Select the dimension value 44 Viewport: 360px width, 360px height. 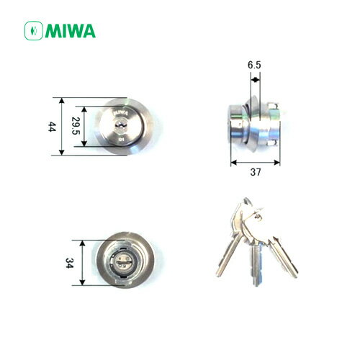click(51, 126)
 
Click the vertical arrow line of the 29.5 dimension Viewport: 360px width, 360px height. click(88, 127)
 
